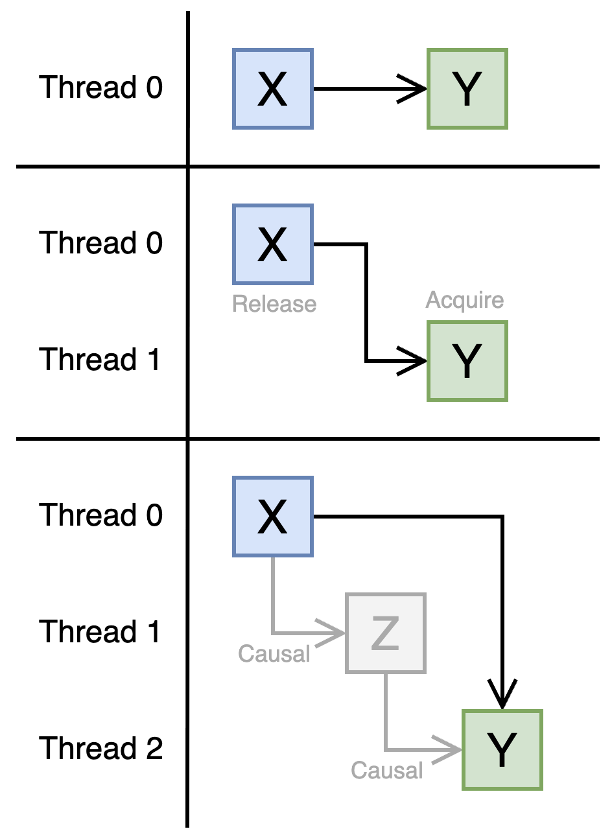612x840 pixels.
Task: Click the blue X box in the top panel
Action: pyautogui.click(x=272, y=89)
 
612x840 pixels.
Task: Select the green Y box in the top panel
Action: pyautogui.click(x=467, y=89)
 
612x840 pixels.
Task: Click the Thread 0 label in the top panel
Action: pyautogui.click(x=100, y=87)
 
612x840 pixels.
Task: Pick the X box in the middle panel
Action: pyautogui.click(x=272, y=244)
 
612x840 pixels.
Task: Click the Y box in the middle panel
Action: pyautogui.click(x=467, y=361)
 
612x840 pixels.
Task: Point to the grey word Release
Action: pyautogui.click(x=274, y=304)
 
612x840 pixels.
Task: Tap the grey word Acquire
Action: pyautogui.click(x=464, y=300)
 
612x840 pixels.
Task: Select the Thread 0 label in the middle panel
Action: pyautogui.click(x=100, y=243)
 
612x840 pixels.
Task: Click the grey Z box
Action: pyautogui.click(x=385, y=633)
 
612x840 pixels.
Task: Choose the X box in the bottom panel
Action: pyautogui.click(x=272, y=517)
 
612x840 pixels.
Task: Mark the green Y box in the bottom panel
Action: pyautogui.click(x=502, y=750)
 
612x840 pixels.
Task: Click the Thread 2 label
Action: pyautogui.click(x=100, y=749)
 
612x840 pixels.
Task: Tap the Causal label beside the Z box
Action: pyautogui.click(x=274, y=654)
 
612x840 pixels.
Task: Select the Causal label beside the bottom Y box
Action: pyautogui.click(x=386, y=771)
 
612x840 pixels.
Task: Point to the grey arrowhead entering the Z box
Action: pyautogui.click(x=331, y=633)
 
